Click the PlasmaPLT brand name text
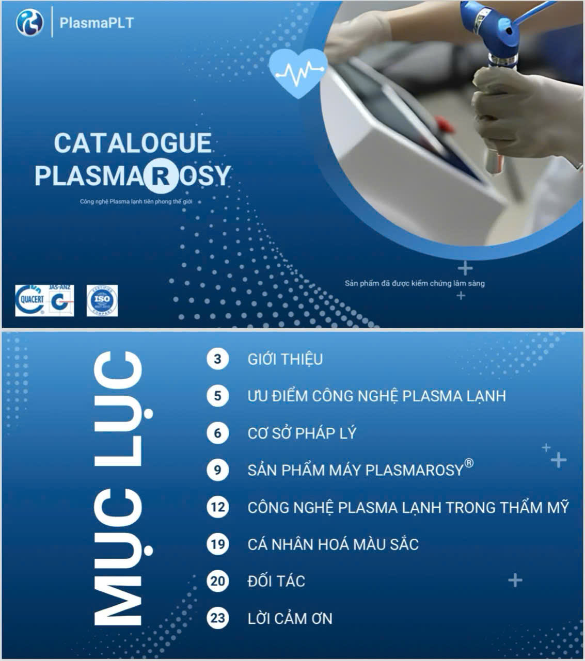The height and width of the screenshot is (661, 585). point(97,23)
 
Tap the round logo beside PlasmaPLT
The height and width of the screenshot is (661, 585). point(29,23)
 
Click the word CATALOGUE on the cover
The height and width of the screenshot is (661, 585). point(133,143)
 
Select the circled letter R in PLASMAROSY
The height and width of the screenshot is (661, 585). point(157,175)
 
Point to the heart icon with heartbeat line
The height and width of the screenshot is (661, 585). point(298,72)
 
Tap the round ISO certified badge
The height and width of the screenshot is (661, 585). point(102,300)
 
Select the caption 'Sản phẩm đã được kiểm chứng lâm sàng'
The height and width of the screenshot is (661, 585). point(415,283)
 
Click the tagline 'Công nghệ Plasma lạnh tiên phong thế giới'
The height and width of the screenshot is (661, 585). point(136,202)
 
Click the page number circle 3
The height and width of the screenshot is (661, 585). point(217,359)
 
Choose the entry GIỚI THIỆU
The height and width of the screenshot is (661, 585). point(285,359)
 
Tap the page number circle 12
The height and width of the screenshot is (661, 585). point(217,507)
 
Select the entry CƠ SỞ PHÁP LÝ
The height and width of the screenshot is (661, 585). point(302,433)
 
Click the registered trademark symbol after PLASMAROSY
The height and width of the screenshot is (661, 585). point(469,463)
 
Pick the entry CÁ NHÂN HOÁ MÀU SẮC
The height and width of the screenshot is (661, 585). point(333,544)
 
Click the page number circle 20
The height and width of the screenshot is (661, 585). point(217,581)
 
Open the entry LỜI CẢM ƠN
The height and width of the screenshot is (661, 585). point(290,618)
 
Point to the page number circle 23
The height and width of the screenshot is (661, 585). point(217,618)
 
